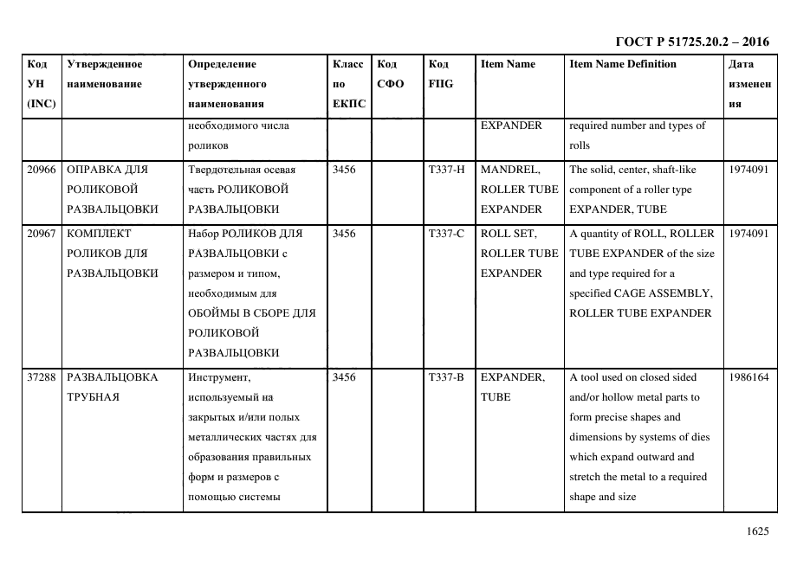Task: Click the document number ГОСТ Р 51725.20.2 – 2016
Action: [x=691, y=42]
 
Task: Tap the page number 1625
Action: [x=757, y=531]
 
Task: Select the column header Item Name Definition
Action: [x=623, y=64]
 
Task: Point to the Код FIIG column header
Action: [x=440, y=74]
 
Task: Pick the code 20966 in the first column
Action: [x=42, y=170]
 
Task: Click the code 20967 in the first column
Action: [x=42, y=234]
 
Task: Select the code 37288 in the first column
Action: [x=42, y=377]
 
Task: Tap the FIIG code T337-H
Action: [x=446, y=170]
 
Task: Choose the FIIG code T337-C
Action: [x=446, y=234]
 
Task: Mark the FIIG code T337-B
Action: [x=446, y=377]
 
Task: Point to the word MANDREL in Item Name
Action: [x=511, y=170]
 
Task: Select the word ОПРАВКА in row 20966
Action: [x=96, y=170]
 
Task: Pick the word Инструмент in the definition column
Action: [x=218, y=377]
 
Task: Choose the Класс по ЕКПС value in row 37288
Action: [x=344, y=377]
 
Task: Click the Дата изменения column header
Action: [x=748, y=84]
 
